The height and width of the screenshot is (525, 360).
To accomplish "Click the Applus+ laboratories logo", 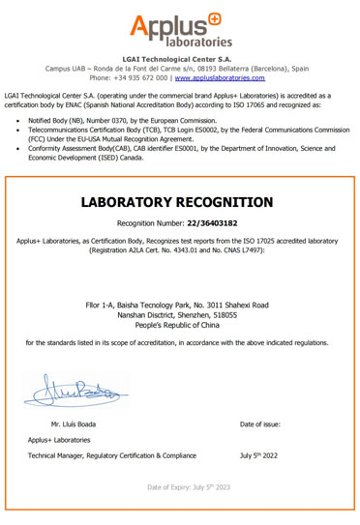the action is click(180, 29).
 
